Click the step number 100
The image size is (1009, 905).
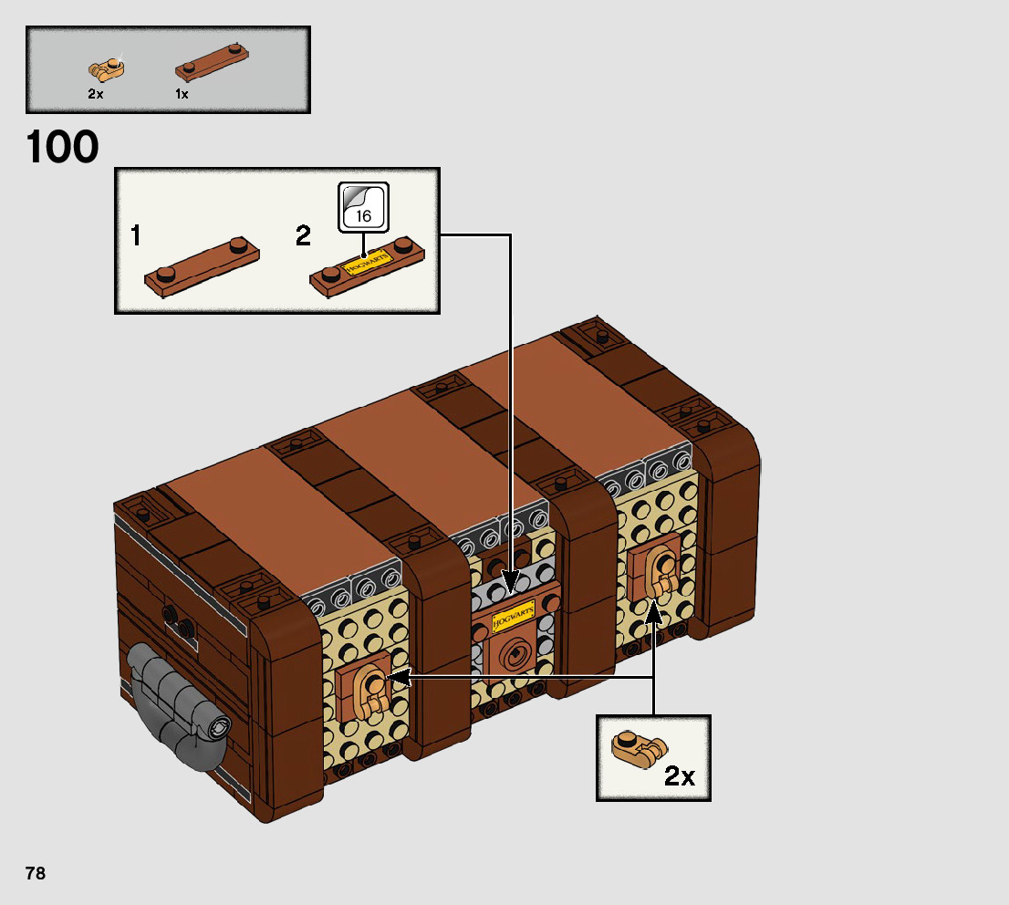pos(63,148)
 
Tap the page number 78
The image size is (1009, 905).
pos(36,873)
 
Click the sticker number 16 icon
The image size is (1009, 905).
pos(364,207)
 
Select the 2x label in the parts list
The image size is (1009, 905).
pos(96,94)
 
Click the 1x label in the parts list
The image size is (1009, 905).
pos(182,94)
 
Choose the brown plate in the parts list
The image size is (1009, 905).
pos(211,62)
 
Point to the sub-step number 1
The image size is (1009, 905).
pos(135,237)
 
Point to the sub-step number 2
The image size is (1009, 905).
pos(303,237)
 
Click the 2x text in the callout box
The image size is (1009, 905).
pos(680,776)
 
